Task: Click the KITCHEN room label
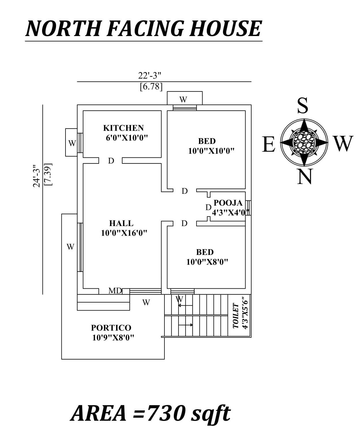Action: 123,128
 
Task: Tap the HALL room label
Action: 121,223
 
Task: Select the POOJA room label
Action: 228,203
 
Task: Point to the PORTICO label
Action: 111,328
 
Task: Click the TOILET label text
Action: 236,316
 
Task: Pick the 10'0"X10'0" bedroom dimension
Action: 211,151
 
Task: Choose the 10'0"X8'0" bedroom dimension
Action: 207,262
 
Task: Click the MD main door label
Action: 115,291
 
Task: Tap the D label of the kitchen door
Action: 111,161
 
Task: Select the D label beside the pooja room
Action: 208,207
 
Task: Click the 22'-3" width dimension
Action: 149,76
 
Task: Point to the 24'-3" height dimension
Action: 37,176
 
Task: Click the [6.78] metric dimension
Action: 151,87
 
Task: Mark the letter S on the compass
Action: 303,106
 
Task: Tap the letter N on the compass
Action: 305,177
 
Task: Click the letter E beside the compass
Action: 269,144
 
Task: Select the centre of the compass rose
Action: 304,142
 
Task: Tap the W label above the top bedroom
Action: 183,99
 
